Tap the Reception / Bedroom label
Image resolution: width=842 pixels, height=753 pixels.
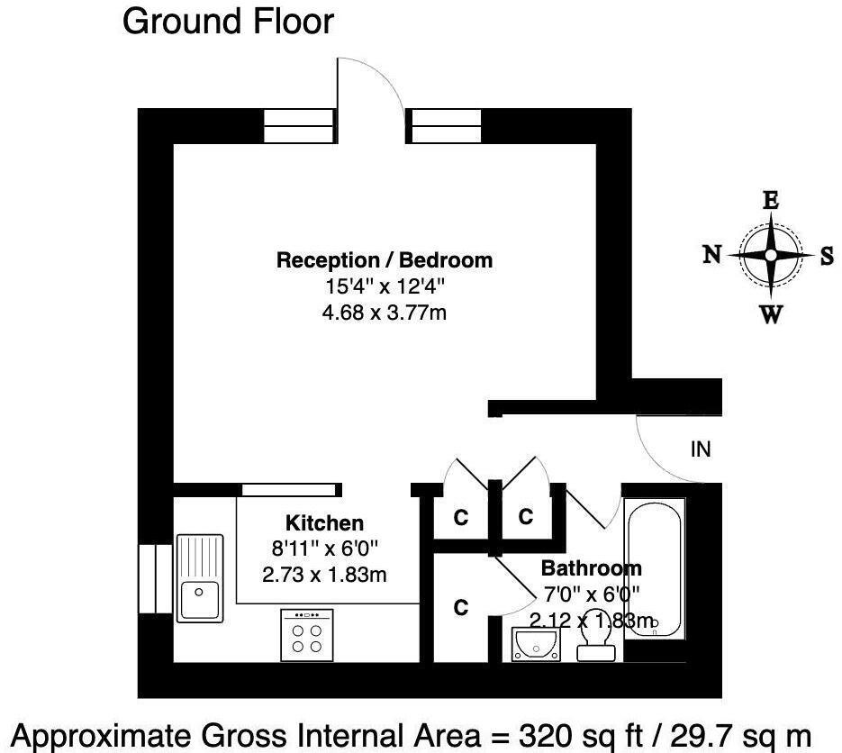pyautogui.click(x=385, y=260)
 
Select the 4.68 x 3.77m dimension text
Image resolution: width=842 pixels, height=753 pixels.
pyautogui.click(x=385, y=313)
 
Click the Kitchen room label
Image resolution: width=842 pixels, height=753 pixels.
pyautogui.click(x=324, y=523)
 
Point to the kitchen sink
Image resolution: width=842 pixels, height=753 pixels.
pyautogui.click(x=200, y=577)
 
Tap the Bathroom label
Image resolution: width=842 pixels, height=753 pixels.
pyautogui.click(x=591, y=568)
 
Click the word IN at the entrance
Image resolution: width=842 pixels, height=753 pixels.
pyautogui.click(x=701, y=449)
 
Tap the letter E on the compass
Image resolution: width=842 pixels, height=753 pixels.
pyautogui.click(x=771, y=201)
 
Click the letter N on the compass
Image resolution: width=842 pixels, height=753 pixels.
pyautogui.click(x=711, y=255)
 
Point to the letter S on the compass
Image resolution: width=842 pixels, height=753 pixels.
pyautogui.click(x=827, y=256)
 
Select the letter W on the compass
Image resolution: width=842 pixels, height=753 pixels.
pyautogui.click(x=771, y=314)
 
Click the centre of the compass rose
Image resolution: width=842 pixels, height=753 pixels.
pyautogui.click(x=771, y=256)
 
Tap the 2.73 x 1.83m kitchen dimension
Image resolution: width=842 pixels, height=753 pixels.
pyautogui.click(x=324, y=574)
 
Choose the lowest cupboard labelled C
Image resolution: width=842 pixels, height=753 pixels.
pyautogui.click(x=460, y=608)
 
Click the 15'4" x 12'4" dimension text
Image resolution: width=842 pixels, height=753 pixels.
pyautogui.click(x=385, y=287)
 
